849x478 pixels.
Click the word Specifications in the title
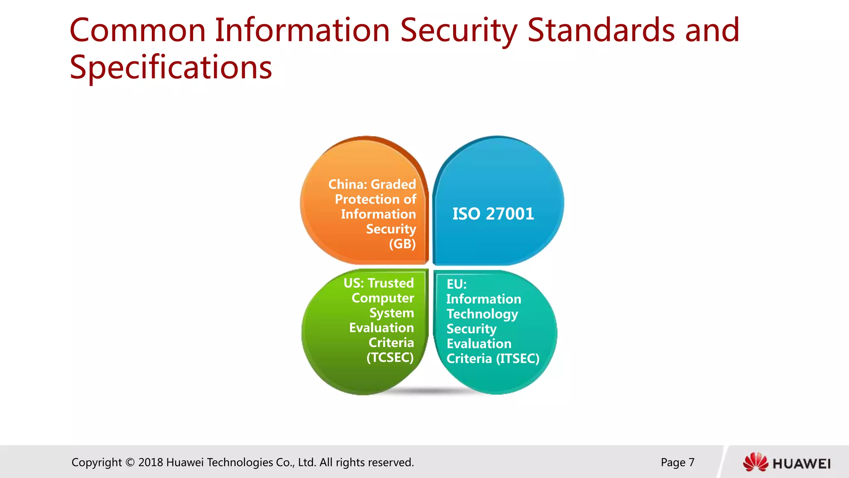click(171, 68)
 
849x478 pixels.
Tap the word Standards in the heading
click(601, 31)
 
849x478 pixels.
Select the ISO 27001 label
click(493, 214)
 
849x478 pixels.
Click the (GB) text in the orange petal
click(402, 244)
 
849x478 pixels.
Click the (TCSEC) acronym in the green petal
click(390, 357)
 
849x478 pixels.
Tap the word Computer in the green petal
click(383, 298)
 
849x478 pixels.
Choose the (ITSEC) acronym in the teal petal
click(518, 358)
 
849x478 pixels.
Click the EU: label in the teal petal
click(456, 284)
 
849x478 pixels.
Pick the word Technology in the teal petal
click(482, 314)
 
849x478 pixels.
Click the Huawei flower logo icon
click(755, 462)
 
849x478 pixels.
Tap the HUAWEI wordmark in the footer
click(801, 463)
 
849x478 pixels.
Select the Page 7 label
click(677, 462)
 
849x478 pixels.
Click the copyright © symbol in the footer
click(130, 462)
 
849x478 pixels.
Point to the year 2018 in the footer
click(150, 462)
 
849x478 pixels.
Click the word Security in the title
click(458, 31)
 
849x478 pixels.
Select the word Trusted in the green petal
click(391, 283)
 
